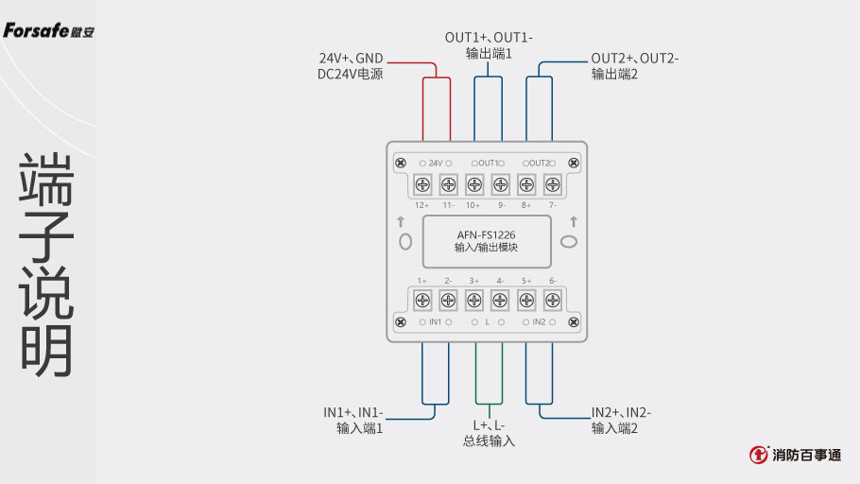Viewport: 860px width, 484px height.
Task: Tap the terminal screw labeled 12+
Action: pyautogui.click(x=422, y=184)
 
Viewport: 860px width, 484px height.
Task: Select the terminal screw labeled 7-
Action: pyautogui.click(x=553, y=184)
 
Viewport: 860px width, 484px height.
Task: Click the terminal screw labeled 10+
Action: pyautogui.click(x=474, y=184)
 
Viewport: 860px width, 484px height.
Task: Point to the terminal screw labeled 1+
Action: pyautogui.click(x=422, y=301)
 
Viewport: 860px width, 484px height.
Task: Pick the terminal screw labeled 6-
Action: pyautogui.click(x=553, y=301)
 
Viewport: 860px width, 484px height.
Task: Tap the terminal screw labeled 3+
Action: pyautogui.click(x=474, y=301)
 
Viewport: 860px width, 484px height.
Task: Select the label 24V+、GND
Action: pyautogui.click(x=351, y=59)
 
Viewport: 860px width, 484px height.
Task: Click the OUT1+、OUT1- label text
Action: pyautogui.click(x=489, y=38)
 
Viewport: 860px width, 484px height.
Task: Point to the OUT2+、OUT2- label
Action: pyautogui.click(x=634, y=59)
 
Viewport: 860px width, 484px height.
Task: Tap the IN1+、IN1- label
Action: pyautogui.click(x=353, y=413)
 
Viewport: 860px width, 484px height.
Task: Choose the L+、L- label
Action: pyautogui.click(x=489, y=425)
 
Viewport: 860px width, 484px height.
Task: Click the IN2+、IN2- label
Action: pyautogui.click(x=621, y=413)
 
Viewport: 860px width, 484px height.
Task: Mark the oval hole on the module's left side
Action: pyautogui.click(x=405, y=242)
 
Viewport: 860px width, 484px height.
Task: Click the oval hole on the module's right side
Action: pyautogui.click(x=570, y=242)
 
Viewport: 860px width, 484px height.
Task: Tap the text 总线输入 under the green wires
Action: pyautogui.click(x=489, y=441)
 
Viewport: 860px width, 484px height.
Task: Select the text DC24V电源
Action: pyautogui.click(x=350, y=75)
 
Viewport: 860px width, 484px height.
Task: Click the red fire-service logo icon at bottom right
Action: pyautogui.click(x=758, y=456)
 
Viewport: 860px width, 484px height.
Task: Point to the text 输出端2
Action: pyautogui.click(x=614, y=75)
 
